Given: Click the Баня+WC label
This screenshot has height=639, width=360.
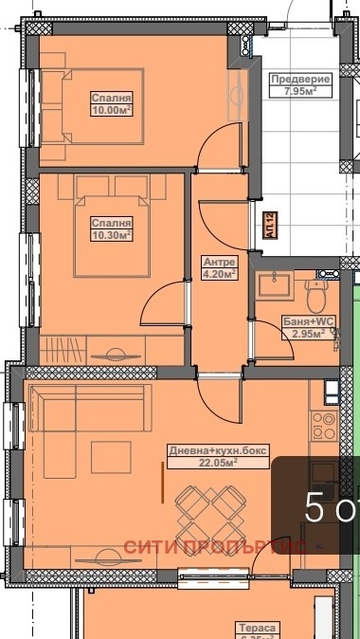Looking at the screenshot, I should tap(304, 322).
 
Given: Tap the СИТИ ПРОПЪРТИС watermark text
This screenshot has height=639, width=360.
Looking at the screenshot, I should tap(213, 548).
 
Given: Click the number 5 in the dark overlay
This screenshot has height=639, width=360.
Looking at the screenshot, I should tap(315, 509).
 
